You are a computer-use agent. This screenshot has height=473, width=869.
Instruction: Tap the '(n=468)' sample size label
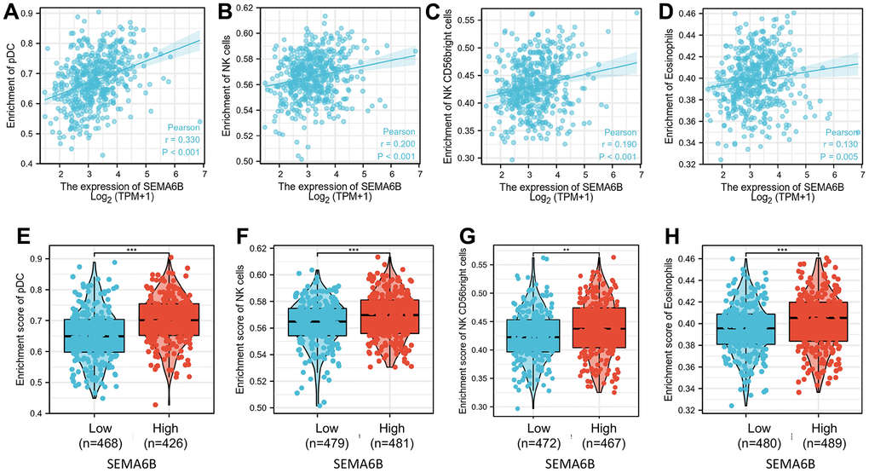74,444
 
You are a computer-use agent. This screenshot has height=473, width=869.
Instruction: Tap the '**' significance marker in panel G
563,252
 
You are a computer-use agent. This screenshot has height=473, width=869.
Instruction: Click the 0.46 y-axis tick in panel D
682,14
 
